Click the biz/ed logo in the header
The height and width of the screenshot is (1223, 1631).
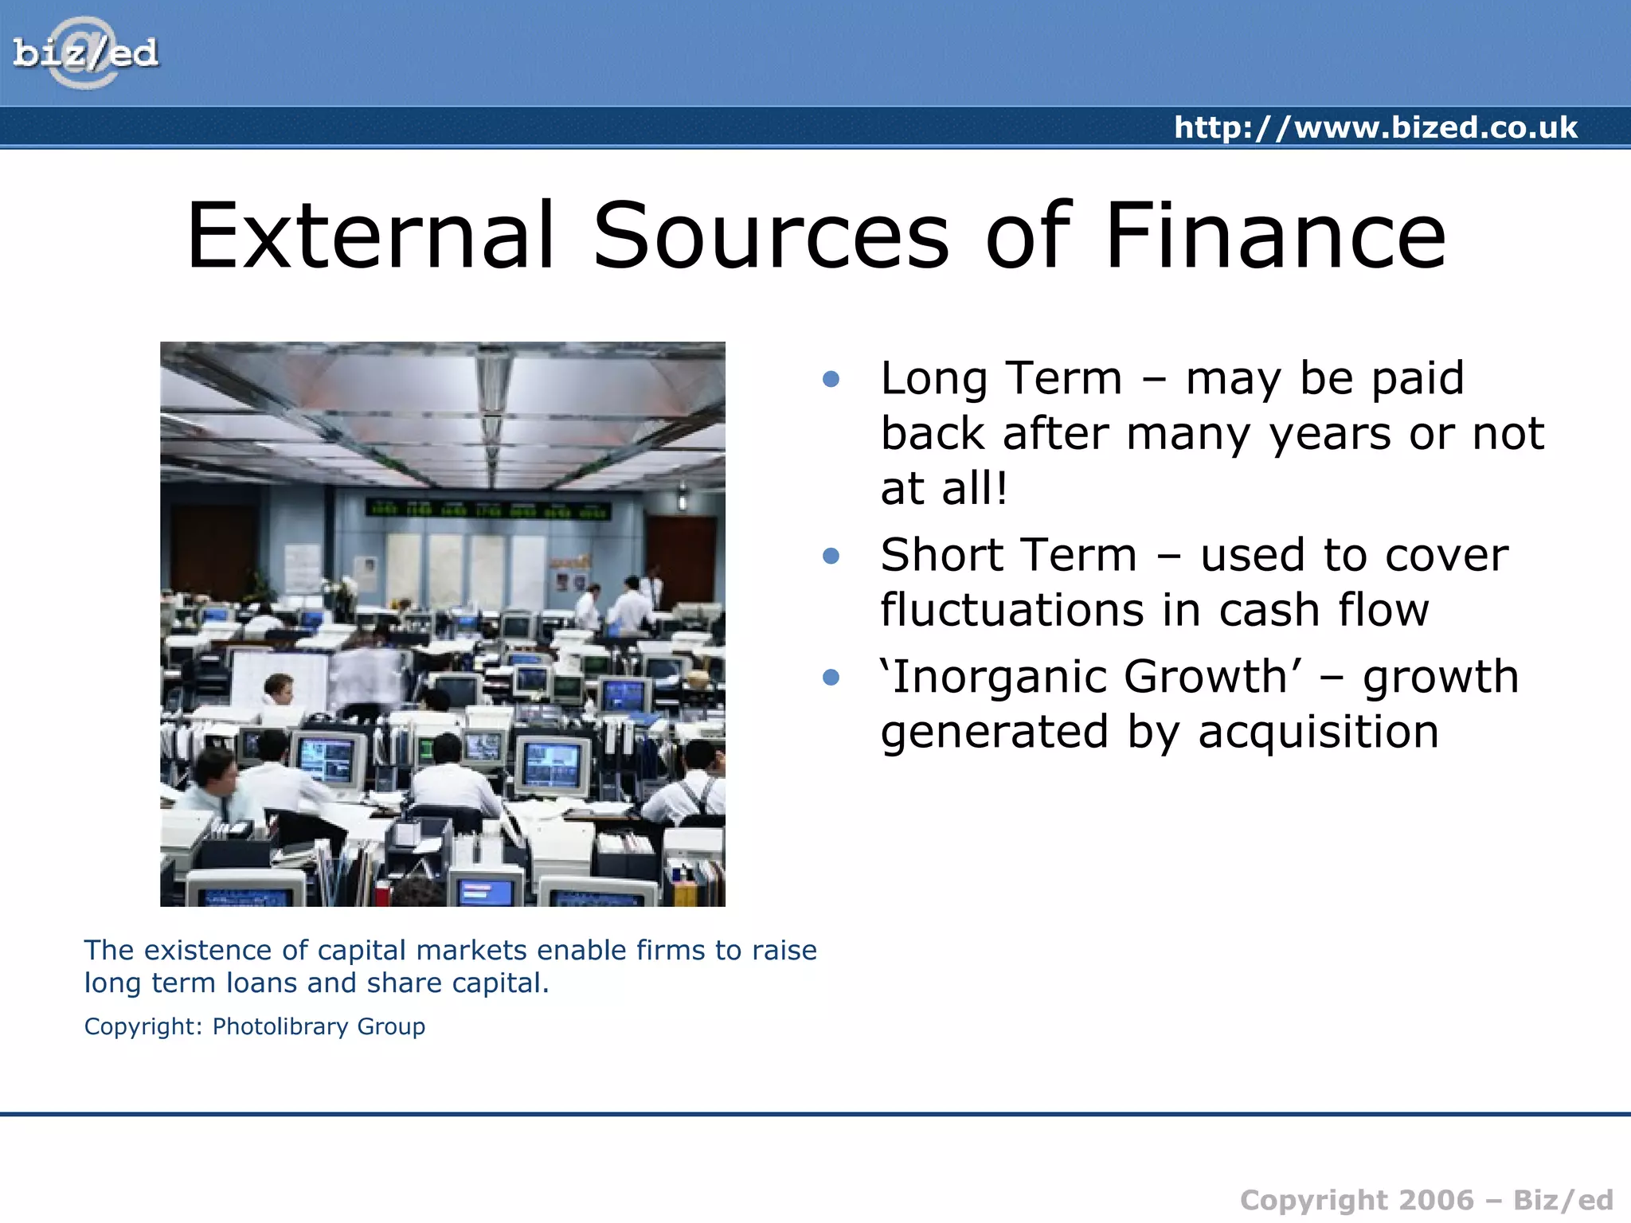[85, 53]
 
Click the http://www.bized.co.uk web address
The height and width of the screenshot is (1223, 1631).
[1375, 127]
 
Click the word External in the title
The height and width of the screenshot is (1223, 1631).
[370, 236]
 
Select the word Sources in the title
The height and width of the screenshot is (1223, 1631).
[771, 236]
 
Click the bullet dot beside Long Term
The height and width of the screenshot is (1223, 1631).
[831, 379]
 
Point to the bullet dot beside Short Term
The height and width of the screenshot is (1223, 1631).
[831, 556]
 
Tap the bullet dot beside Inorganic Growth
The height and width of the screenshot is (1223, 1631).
[831, 678]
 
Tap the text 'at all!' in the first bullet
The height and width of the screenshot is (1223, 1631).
[944, 488]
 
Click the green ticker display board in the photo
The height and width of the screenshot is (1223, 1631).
[487, 510]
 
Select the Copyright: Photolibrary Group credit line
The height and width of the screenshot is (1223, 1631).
[255, 1026]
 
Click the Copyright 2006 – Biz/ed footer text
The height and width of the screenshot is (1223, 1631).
[1426, 1200]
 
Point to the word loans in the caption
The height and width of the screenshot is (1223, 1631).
[263, 983]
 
